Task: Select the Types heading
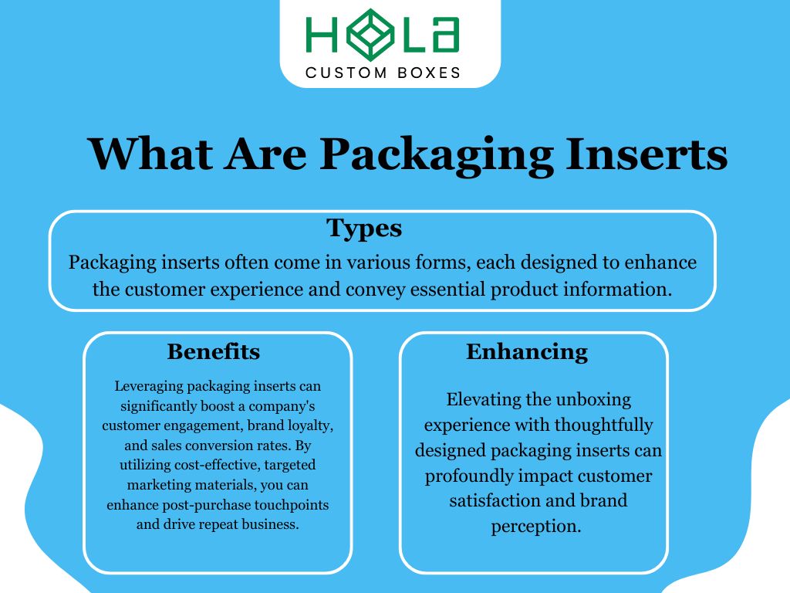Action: point(364,228)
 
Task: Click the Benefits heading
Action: point(214,352)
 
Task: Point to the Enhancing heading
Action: point(527,352)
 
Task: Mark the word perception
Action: point(535,527)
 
